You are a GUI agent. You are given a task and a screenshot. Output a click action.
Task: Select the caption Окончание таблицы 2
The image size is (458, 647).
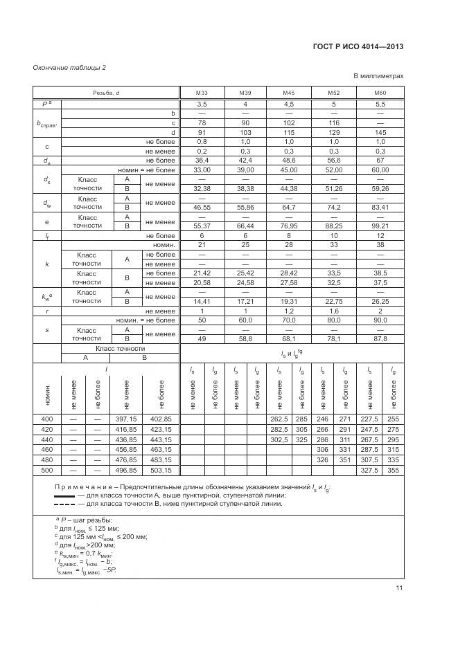(x=69, y=67)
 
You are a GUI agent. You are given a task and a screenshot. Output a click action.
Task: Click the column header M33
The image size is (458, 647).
(x=202, y=93)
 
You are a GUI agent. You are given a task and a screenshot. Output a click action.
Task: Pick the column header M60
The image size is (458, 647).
(x=380, y=93)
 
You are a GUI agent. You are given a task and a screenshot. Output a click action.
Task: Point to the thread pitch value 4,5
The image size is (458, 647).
(x=289, y=103)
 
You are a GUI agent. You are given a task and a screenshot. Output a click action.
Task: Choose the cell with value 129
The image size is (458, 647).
(x=334, y=132)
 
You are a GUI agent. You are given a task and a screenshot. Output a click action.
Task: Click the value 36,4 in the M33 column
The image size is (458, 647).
(x=202, y=160)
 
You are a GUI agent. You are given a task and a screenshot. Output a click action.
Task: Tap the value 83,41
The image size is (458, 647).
(x=380, y=206)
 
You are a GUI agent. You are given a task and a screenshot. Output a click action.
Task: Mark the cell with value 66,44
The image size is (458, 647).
(x=245, y=226)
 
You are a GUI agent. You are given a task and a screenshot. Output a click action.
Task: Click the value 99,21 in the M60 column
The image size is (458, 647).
(x=380, y=226)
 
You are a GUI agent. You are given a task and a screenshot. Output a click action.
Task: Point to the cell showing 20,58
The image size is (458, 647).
(x=202, y=282)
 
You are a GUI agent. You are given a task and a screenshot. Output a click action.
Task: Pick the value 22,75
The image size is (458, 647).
(x=334, y=301)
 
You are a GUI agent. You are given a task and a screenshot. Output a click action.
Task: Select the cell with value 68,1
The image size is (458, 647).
(x=289, y=339)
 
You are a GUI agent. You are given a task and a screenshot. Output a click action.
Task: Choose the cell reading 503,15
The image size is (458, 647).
(x=161, y=471)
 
